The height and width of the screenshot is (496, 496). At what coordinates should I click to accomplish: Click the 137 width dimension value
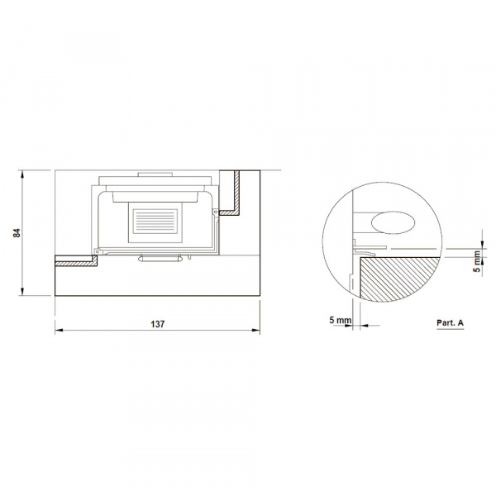(x=158, y=324)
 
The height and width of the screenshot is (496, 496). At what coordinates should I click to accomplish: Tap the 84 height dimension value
(x=17, y=233)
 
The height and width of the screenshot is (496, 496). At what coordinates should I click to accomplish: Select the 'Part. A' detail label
(x=450, y=322)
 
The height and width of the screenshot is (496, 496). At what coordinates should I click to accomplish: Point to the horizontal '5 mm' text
(x=340, y=320)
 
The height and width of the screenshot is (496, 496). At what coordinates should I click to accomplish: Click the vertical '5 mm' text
(x=477, y=261)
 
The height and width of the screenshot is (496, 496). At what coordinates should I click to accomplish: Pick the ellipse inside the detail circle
(x=393, y=222)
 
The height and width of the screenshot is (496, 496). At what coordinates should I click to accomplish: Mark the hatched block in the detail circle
(x=399, y=279)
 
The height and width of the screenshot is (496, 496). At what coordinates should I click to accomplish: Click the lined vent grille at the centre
(x=155, y=221)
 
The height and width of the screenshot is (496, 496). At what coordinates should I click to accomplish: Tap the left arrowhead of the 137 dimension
(x=59, y=330)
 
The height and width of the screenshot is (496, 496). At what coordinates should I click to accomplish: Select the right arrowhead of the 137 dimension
(x=256, y=330)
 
